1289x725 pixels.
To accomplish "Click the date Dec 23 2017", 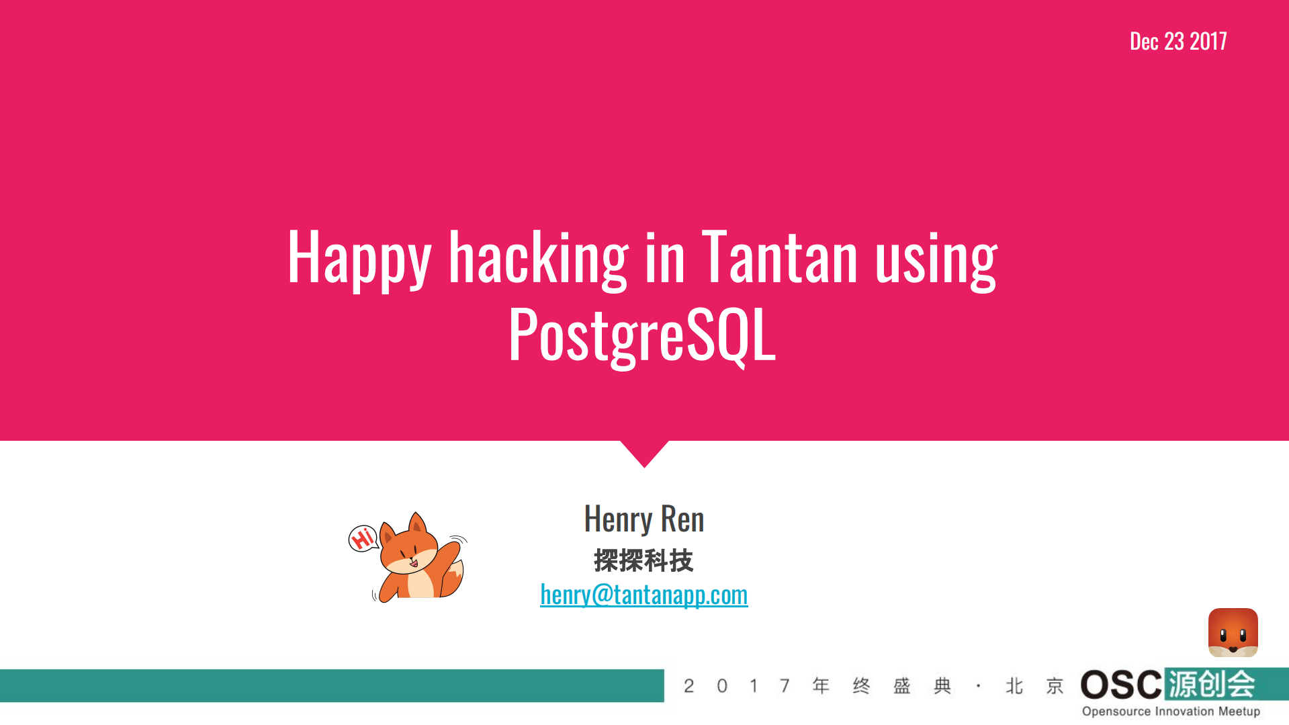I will pos(1178,42).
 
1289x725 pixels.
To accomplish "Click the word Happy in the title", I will pos(359,257).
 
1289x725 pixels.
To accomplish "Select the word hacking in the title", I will pos(538,257).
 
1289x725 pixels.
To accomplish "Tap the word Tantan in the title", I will pos(780,257).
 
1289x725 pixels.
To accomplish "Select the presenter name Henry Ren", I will pos(644,519).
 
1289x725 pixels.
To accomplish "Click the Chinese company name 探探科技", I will pos(643,560).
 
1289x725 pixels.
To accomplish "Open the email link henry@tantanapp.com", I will pos(643,595).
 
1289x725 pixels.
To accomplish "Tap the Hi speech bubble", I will pos(363,538).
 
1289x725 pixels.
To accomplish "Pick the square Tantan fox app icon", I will pos(1233,632).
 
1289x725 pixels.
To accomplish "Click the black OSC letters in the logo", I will pos(1120,685).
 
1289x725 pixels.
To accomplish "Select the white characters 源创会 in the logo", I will pos(1211,685).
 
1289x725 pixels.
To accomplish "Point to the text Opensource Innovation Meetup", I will pos(1171,712).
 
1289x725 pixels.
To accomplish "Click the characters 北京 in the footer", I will pos(1034,686).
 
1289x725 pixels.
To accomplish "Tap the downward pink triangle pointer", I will pos(645,452).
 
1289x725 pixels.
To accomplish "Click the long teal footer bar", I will pos(332,685).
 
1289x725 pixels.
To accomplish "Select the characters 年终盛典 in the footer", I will pos(881,686).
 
